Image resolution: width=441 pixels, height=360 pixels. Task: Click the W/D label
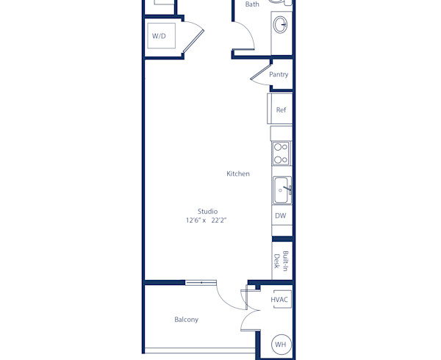tap(159, 36)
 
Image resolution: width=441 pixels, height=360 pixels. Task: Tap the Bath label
tap(252, 4)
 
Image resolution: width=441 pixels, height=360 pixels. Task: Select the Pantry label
tap(279, 74)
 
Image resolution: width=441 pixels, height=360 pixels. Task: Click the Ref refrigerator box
tap(280, 109)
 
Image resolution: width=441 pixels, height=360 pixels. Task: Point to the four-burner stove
tap(281, 153)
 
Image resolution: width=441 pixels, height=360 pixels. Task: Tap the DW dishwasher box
tap(280, 216)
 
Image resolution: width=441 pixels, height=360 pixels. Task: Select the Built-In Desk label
tap(281, 260)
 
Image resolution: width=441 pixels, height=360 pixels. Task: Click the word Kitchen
tap(237, 174)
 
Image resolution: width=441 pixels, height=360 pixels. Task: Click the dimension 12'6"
tap(194, 220)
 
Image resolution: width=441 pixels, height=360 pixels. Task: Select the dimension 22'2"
tap(219, 220)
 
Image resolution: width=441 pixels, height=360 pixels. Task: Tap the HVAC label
tap(279, 300)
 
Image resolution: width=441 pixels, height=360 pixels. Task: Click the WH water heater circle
tap(281, 344)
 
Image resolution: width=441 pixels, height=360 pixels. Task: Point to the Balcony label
tap(186, 320)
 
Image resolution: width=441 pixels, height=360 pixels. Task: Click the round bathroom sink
tap(282, 25)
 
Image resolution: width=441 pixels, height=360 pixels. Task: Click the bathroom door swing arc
tap(243, 37)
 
